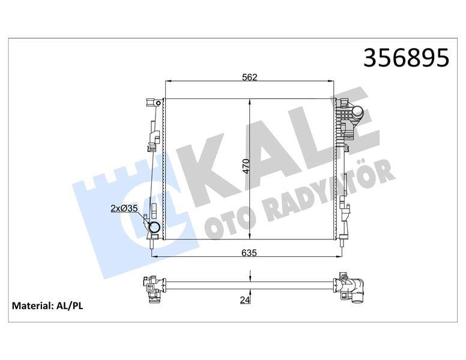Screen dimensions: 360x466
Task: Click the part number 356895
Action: tap(407, 58)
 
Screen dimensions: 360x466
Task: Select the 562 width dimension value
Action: tap(249, 76)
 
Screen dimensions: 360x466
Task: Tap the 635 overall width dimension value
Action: tap(249, 253)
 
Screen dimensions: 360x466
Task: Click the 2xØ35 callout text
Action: tap(124, 209)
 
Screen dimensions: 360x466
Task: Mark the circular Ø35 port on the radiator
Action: tap(154, 228)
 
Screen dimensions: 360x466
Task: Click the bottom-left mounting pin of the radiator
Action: tap(154, 242)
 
